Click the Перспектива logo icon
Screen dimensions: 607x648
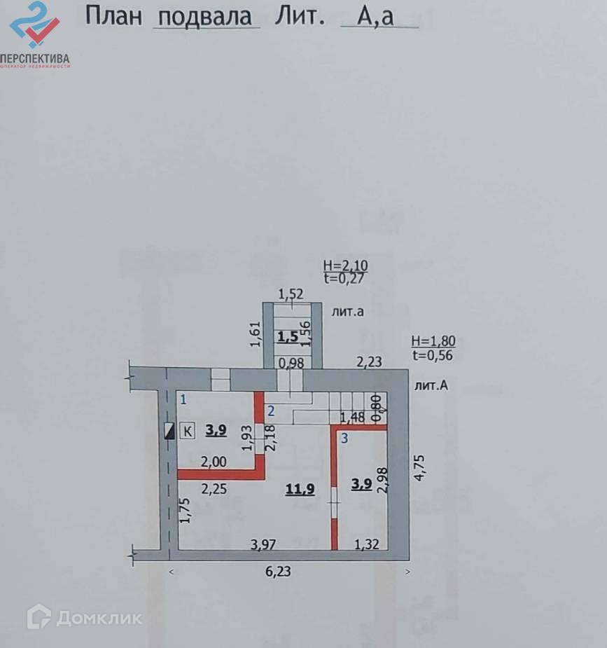pos(34,25)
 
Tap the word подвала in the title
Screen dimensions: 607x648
pos(205,16)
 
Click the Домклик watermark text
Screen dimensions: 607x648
pos(99,617)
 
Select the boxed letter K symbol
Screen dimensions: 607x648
pos(188,431)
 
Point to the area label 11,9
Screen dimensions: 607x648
pos(299,489)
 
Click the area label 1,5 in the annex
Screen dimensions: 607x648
pos(288,337)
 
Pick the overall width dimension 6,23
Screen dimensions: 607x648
pos(279,571)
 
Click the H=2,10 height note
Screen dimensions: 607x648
pos(345,266)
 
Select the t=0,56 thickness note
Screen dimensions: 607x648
pos(433,354)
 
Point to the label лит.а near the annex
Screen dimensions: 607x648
pos(347,312)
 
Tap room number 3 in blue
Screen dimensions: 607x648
pos(344,439)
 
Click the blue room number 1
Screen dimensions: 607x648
pos(183,400)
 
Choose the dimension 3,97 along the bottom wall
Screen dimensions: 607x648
pos(265,544)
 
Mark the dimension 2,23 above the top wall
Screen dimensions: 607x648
pos(369,361)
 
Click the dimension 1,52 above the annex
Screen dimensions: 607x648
pos(291,294)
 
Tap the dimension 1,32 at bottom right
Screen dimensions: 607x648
pos(366,544)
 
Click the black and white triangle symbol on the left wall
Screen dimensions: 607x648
pos(169,431)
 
